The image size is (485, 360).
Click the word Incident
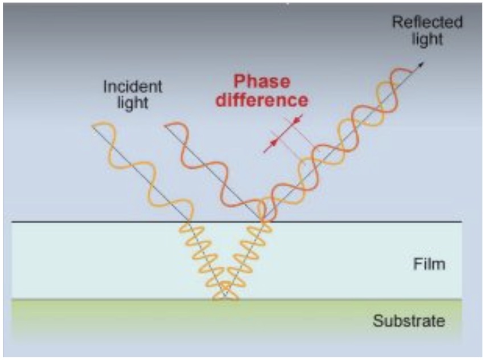coord(133,87)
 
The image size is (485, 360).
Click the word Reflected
coord(428,23)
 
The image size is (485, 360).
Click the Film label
coord(429,264)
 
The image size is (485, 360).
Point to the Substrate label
coord(408,321)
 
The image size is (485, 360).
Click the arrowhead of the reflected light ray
coord(422,63)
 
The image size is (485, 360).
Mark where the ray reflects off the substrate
coord(225,297)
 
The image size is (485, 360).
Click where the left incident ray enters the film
coord(190,222)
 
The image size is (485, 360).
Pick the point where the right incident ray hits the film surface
coord(262,222)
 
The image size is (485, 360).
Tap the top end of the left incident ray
coord(93,125)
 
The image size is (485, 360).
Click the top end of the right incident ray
coord(166,125)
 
